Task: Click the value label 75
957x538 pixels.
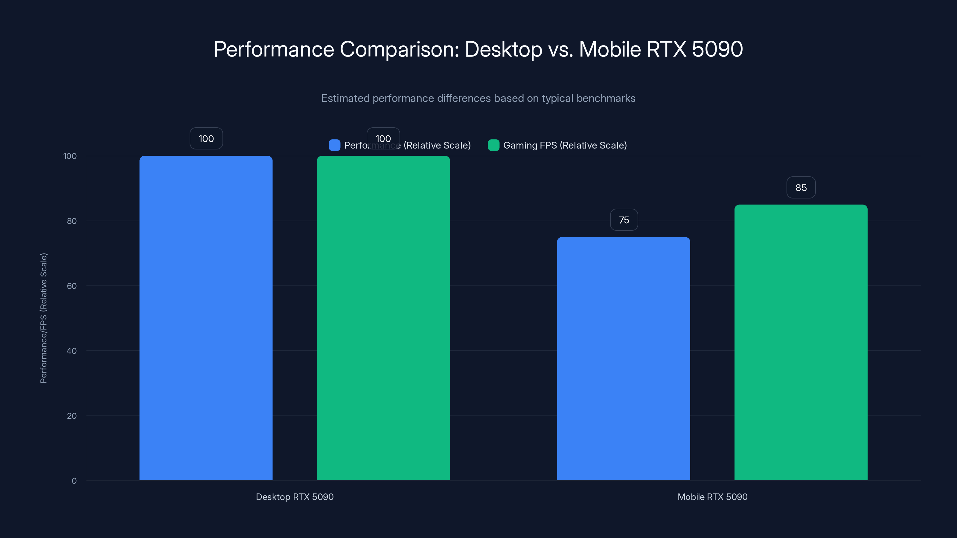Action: (x=624, y=220)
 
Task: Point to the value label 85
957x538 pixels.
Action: (x=801, y=187)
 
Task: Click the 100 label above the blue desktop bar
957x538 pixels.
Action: (x=206, y=138)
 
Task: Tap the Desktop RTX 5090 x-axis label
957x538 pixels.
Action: (x=295, y=497)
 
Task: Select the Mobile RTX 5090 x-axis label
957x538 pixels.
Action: (x=712, y=497)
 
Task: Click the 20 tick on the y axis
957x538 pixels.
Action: (x=72, y=416)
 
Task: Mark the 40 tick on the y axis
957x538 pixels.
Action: (x=72, y=351)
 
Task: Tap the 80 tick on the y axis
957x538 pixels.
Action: (x=72, y=221)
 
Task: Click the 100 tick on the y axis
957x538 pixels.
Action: (x=70, y=156)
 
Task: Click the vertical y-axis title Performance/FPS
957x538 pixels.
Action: (x=43, y=318)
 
